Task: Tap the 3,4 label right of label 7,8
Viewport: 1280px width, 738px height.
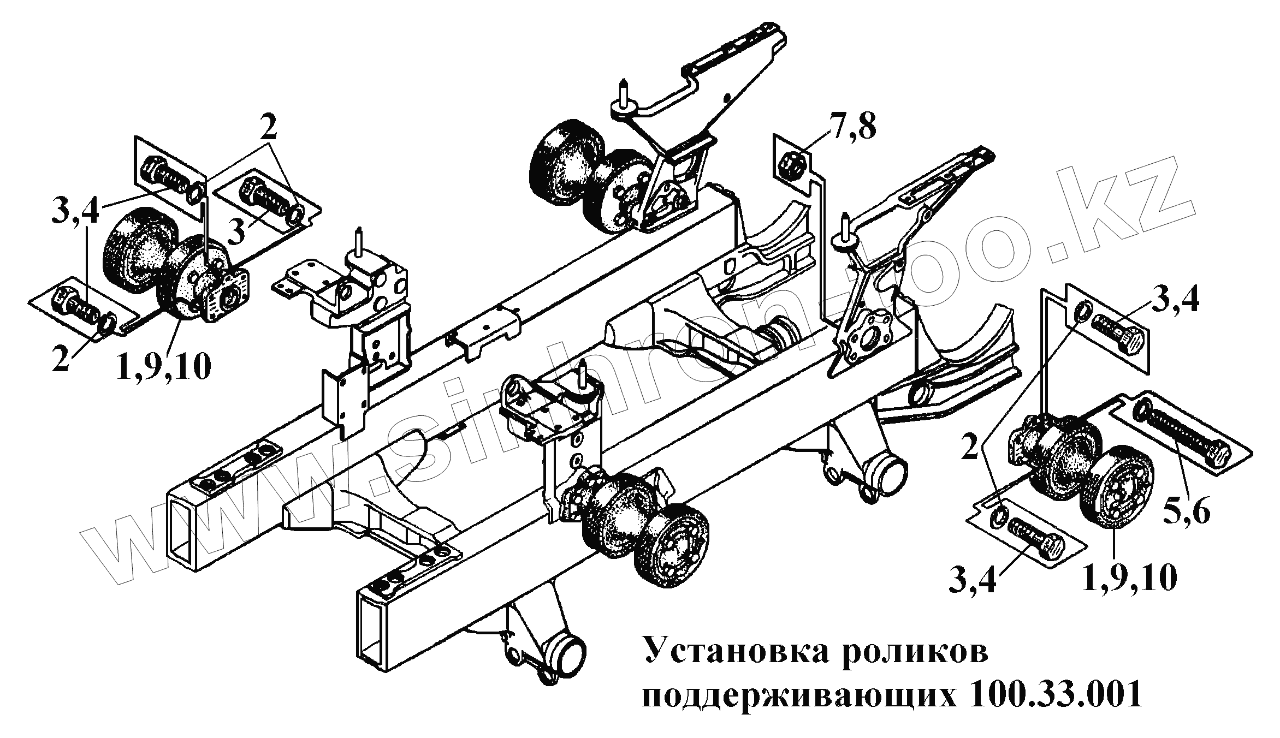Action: [1175, 300]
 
